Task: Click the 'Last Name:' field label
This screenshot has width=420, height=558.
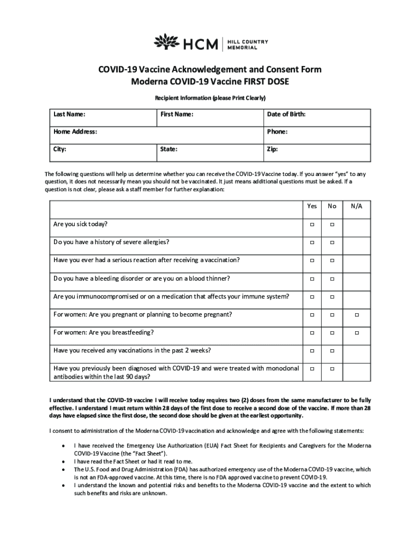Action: [69, 114]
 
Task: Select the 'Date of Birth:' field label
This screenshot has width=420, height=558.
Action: [286, 114]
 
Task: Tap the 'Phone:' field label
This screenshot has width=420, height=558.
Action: [277, 132]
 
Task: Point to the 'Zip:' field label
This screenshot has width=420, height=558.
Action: [272, 148]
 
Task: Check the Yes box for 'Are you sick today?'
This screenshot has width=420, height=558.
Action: [312, 225]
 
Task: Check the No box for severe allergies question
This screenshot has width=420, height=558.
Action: [332, 242]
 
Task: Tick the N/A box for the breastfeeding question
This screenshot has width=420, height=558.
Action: [357, 333]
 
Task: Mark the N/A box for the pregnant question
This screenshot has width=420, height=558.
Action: [357, 315]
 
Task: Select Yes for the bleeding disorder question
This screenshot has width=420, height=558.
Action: [312, 279]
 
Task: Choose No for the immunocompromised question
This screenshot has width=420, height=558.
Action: [332, 297]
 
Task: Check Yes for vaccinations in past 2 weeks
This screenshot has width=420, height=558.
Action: [312, 351]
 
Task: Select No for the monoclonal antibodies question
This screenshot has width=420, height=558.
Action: [332, 369]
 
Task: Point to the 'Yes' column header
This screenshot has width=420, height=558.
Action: [312, 207]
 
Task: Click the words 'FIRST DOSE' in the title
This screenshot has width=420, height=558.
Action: [266, 82]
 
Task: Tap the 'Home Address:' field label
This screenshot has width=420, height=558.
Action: [75, 132]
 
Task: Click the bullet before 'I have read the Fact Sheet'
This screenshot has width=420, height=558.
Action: [65, 461]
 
